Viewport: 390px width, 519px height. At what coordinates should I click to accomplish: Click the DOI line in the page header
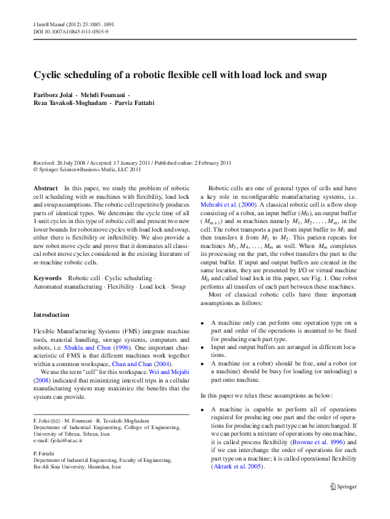coord(71,31)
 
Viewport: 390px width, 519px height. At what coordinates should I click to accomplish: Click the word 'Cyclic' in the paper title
coord(49,75)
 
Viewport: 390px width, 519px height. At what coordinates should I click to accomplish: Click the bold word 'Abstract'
coord(45,188)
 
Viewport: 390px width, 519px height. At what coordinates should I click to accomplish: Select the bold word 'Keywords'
coord(48,278)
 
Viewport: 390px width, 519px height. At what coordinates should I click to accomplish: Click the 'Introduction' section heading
coord(51,315)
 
